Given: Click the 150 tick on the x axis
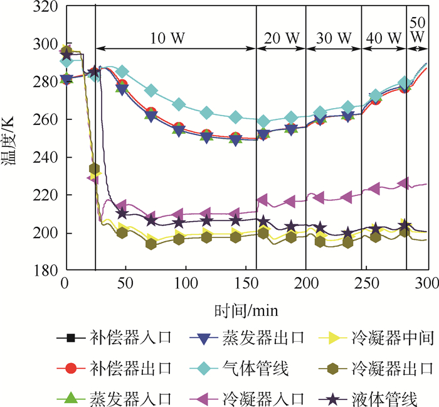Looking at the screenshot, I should click(x=246, y=285).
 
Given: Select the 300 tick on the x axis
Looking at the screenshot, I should click(x=428, y=285).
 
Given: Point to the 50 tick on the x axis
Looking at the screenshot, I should click(x=125, y=285).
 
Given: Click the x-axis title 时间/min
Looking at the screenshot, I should click(x=246, y=310).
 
